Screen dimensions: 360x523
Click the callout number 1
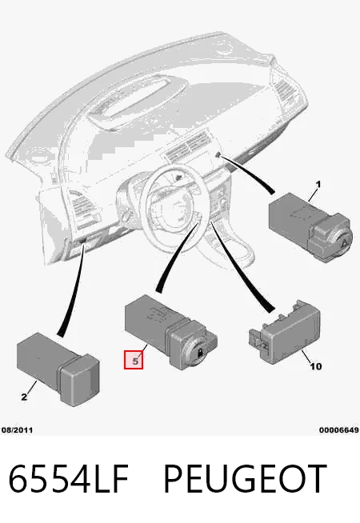click(318, 184)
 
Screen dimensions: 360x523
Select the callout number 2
click(24, 397)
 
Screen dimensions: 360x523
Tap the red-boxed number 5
click(134, 360)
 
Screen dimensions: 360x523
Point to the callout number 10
click(316, 366)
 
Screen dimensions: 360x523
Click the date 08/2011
click(18, 430)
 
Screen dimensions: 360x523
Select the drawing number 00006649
click(339, 430)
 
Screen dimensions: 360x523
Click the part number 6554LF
click(68, 478)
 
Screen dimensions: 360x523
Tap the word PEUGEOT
click(246, 478)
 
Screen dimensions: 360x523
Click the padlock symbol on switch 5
click(200, 352)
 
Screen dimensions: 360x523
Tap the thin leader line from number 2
click(31, 387)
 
